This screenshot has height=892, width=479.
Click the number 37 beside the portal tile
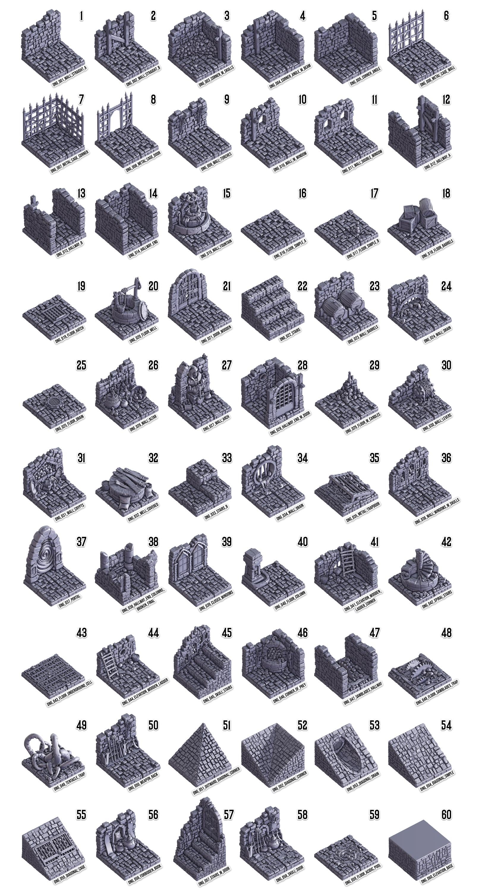click(x=81, y=541)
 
